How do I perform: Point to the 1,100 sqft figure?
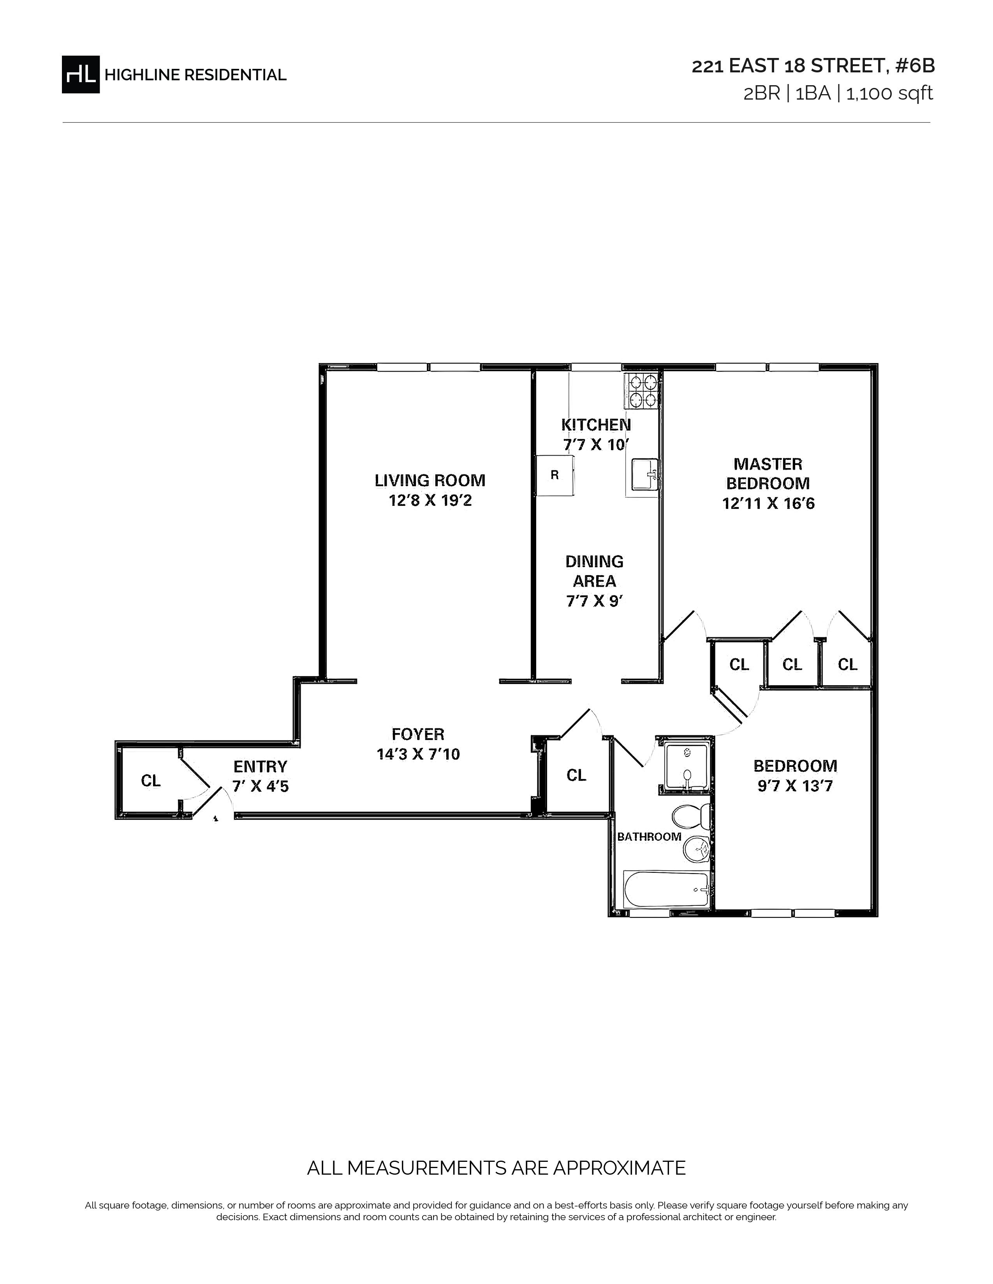point(889,93)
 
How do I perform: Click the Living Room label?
point(430,480)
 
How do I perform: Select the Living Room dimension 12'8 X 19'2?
point(430,501)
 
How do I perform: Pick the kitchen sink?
point(644,474)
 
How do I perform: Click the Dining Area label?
point(594,571)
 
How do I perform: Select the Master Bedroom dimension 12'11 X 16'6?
point(768,504)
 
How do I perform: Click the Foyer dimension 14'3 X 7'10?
point(418,754)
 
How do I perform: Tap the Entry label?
point(260,767)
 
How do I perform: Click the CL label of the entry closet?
point(151,781)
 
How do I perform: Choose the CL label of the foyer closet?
point(576,775)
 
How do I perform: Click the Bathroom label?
point(649,837)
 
